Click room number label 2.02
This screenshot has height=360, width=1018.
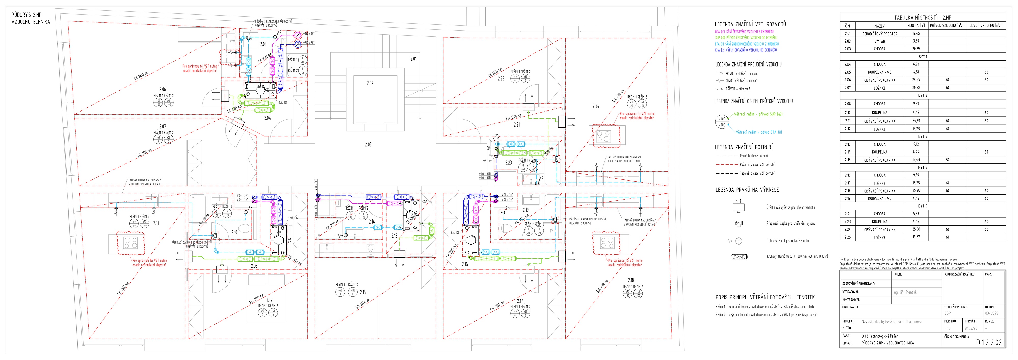pos(370,84)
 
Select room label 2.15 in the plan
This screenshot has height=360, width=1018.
pos(363,293)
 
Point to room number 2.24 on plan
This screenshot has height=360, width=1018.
pos(596,106)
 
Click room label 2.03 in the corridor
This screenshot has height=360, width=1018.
pos(368,145)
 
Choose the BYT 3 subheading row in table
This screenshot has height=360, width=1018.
pos(922,136)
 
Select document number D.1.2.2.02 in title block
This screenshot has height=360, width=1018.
pos(989,343)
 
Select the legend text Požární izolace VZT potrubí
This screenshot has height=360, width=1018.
pos(757,164)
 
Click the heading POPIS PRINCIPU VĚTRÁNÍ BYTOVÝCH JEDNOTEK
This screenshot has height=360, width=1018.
pos(765,297)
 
